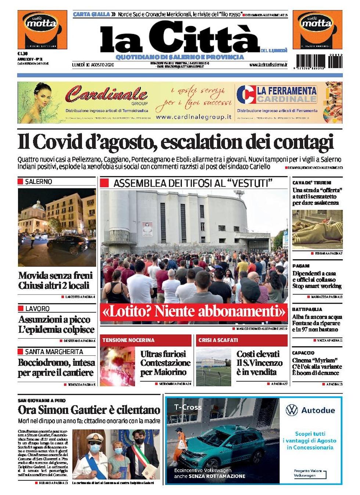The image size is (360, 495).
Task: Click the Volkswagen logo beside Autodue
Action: click(x=292, y=410)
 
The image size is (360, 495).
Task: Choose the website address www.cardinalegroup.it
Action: click(x=194, y=117)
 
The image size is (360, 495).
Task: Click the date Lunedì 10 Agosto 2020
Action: click(x=93, y=65)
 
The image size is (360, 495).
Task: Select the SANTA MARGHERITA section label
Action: click(x=54, y=351)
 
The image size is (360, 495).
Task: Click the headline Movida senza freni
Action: click(x=55, y=275)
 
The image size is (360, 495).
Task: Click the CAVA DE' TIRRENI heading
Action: click(x=312, y=183)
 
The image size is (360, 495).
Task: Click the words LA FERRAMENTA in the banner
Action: click(x=287, y=91)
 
